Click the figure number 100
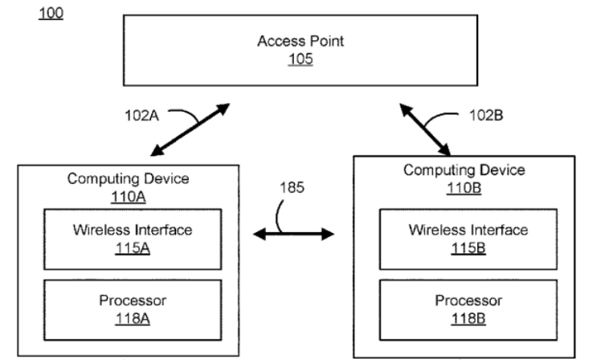[52, 14]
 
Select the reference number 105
[300, 59]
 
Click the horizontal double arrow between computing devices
[293, 235]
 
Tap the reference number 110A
[129, 195]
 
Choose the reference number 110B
[464, 187]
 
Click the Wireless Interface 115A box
[133, 239]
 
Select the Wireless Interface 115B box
[468, 239]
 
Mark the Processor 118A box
[133, 309]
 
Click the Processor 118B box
[468, 309]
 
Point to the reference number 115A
[133, 248]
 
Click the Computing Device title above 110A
[129, 179]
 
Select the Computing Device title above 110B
[464, 170]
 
